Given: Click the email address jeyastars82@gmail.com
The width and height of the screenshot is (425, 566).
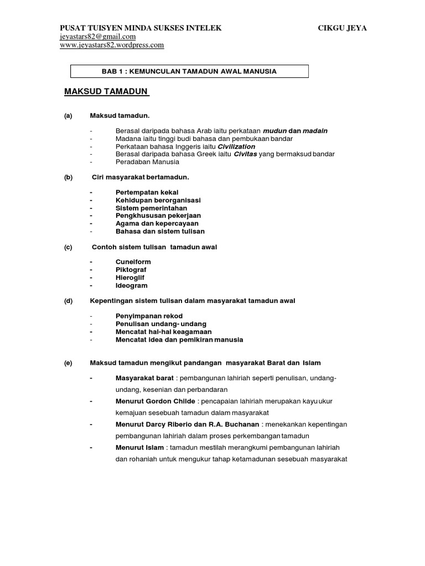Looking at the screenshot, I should click(97, 36).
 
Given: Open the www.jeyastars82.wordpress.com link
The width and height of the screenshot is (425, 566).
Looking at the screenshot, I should click(112, 45).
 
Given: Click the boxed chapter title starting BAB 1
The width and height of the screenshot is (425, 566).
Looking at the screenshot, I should click(189, 71).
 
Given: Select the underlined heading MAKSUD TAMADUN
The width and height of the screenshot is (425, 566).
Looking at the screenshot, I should click(107, 91).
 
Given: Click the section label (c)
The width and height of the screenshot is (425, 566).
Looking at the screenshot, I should click(68, 247).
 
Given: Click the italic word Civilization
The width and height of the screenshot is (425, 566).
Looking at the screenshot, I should click(236, 146).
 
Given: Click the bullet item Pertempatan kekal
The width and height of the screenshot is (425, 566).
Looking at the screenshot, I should click(147, 192).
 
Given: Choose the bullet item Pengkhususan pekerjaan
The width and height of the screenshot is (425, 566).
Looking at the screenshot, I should click(158, 215).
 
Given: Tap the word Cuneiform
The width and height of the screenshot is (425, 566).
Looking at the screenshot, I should click(133, 261).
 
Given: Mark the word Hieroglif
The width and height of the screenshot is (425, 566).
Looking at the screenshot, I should click(131, 277).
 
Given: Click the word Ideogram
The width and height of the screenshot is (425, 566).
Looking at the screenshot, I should click(131, 286).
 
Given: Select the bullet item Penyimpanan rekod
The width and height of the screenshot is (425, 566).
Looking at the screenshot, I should click(149, 316).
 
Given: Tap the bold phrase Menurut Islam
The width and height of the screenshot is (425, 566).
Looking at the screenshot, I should click(139, 447).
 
